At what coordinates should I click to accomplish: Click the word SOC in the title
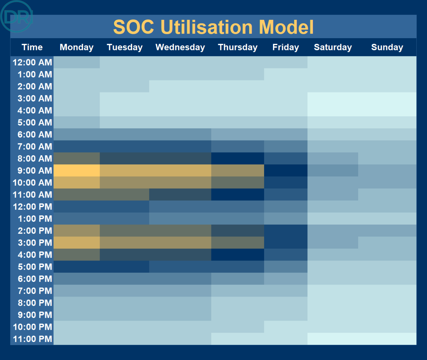pyautogui.click(x=134, y=27)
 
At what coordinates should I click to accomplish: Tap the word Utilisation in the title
pyautogui.click(x=206, y=27)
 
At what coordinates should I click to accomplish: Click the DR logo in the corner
pyautogui.click(x=16, y=16)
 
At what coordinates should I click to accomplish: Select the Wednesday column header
pyautogui.click(x=180, y=47)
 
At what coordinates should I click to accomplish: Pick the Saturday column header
pyautogui.click(x=333, y=47)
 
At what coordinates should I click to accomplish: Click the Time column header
pyautogui.click(x=32, y=47)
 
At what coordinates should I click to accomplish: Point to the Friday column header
pyautogui.click(x=286, y=47)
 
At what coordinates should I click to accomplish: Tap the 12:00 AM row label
pyautogui.click(x=32, y=62)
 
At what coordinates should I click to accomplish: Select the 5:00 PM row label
pyautogui.click(x=35, y=267)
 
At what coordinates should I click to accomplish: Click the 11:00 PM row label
pyautogui.click(x=32, y=339)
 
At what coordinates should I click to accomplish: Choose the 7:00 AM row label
pyautogui.click(x=35, y=146)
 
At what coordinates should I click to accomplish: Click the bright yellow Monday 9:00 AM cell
pyautogui.click(x=77, y=170)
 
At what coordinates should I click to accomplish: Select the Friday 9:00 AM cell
pyautogui.click(x=286, y=170)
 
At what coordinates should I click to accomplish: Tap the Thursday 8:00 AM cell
pyautogui.click(x=238, y=159)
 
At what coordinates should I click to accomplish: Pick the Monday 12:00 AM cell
pyautogui.click(x=77, y=62)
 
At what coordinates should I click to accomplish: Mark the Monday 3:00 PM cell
pyautogui.click(x=77, y=243)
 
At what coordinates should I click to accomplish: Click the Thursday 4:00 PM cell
pyautogui.click(x=238, y=255)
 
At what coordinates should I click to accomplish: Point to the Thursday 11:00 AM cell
pyautogui.click(x=238, y=195)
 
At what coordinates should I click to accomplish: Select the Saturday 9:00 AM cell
pyautogui.click(x=333, y=170)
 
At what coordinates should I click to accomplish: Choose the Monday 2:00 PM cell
pyautogui.click(x=77, y=231)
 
